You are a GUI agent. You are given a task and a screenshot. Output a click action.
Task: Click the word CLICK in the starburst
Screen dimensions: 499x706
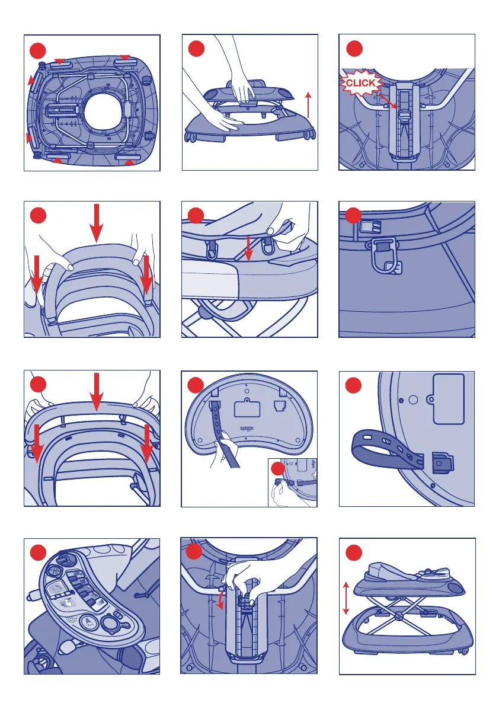point(360,84)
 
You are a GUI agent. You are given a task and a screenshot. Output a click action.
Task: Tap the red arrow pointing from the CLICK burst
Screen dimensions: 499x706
point(388,101)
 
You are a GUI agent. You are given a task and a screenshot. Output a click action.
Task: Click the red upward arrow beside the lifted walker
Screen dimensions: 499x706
point(308,105)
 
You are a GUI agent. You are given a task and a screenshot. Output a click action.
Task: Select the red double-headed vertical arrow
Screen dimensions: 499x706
point(346,598)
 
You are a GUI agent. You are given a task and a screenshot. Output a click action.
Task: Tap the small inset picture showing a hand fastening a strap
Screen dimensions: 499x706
point(293,482)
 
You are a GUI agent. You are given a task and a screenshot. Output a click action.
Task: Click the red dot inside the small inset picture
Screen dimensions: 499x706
point(278,469)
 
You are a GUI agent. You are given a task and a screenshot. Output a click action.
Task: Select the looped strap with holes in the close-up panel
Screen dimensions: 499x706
point(388,449)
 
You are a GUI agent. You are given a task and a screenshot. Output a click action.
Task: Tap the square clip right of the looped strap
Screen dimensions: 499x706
point(442,463)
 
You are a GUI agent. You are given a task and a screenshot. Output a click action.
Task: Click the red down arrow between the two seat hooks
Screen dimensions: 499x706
point(248,248)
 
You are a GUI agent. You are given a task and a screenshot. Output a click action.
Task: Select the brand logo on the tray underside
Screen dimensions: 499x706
point(247,427)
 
